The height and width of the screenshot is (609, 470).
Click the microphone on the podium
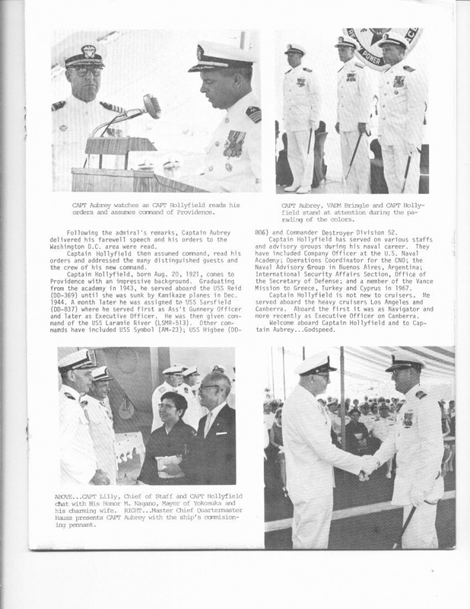(x=149, y=104)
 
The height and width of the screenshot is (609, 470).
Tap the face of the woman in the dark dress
(x=167, y=407)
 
